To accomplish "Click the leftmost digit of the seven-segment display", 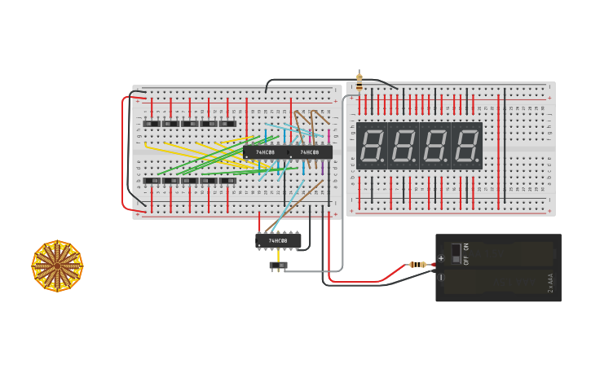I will tap(372, 146).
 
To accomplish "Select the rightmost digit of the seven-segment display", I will tap(466, 146).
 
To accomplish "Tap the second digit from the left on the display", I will tap(404, 146).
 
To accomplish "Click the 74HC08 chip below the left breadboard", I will tap(278, 240).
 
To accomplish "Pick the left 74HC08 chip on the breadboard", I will tap(266, 152).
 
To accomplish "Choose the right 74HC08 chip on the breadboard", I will tap(310, 152).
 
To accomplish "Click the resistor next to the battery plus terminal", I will tap(419, 264).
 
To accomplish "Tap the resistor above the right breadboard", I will tap(359, 81).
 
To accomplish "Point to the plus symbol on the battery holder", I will tap(442, 258).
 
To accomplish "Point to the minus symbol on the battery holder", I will tap(442, 278).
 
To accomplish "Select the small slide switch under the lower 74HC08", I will tap(279, 266).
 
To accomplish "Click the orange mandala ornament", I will tap(57, 266).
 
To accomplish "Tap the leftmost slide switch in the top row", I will tap(152, 124).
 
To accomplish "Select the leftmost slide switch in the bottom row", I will tap(152, 181).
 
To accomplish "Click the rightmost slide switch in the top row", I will tap(227, 124).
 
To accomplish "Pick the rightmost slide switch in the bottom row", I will tap(227, 181).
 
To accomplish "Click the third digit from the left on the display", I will tap(435, 146).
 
